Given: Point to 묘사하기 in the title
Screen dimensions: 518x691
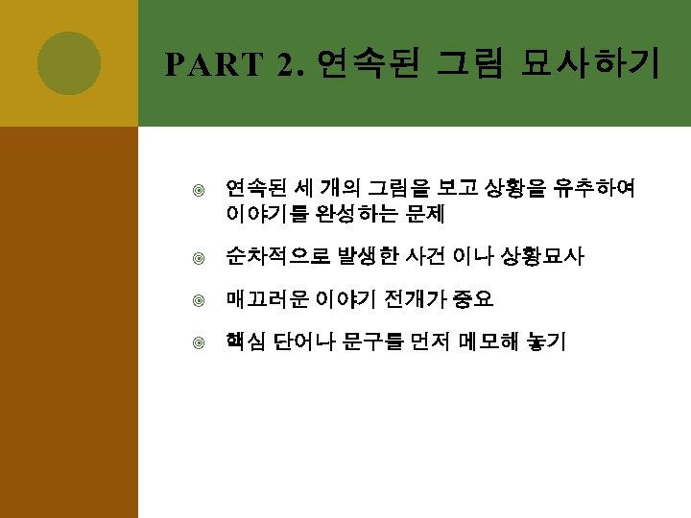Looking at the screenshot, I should tap(589, 64).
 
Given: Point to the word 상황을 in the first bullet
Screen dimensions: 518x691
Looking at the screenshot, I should tap(515, 188).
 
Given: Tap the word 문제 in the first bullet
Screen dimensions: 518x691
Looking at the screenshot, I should tap(425, 211).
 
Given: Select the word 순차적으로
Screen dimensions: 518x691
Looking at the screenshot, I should tap(274, 257).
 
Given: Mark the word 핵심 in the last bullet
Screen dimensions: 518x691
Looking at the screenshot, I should tap(245, 341).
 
